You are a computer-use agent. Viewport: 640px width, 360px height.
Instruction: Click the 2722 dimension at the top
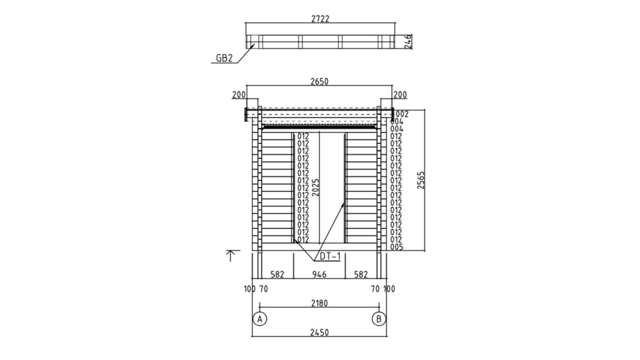point(320,19)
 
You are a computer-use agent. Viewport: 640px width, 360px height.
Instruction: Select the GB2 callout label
point(224,58)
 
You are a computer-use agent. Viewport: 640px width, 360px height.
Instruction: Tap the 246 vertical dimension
point(407,42)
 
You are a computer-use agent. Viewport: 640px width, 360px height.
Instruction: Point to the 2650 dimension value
point(319,82)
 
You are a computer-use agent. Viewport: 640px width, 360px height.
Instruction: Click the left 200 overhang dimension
point(239,95)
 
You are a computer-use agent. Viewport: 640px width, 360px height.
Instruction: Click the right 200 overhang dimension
point(400,95)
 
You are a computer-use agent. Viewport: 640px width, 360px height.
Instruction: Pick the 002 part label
point(402,114)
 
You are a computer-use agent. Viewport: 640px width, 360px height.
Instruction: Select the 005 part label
point(396,247)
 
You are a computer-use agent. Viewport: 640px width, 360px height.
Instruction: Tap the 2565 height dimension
point(421,180)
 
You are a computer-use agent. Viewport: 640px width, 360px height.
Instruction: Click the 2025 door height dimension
point(316,187)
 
